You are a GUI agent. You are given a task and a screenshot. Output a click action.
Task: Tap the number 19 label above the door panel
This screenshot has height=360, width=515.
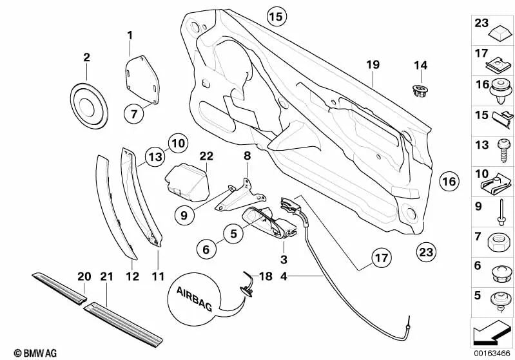pyautogui.click(x=373, y=64)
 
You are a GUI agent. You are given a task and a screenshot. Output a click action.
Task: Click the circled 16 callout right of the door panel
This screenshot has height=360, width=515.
pyautogui.click(x=449, y=182)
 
